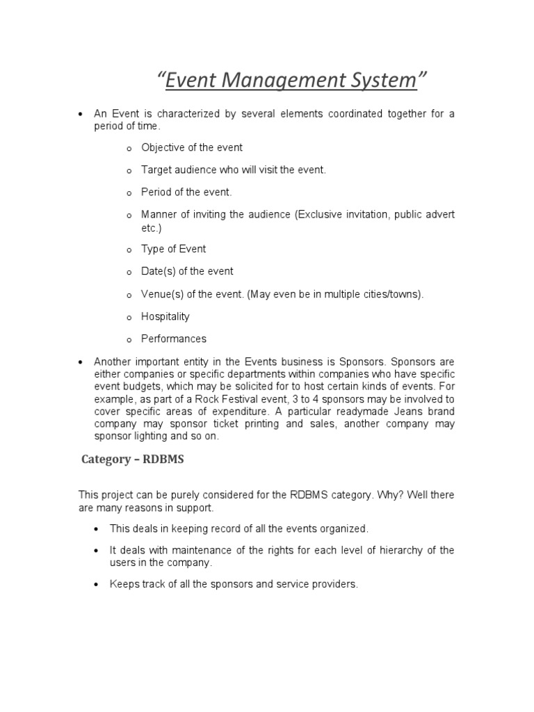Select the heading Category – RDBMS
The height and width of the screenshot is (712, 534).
point(131,459)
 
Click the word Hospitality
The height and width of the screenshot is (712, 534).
point(165,316)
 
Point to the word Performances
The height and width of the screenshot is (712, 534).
point(174,339)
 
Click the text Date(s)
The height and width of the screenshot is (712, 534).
point(158,271)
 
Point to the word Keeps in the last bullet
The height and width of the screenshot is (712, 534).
point(124,584)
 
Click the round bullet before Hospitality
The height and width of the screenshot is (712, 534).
point(129,318)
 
